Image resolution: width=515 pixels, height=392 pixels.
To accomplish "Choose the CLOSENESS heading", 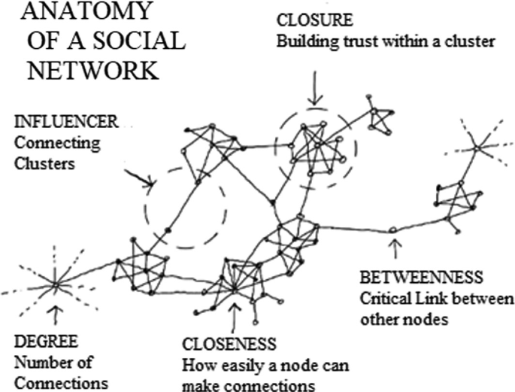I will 229,345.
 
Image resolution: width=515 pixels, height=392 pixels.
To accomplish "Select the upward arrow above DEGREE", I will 55,312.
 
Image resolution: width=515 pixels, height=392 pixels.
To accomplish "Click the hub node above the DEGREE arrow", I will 54,284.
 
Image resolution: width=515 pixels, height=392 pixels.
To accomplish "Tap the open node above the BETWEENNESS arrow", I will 392,229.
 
